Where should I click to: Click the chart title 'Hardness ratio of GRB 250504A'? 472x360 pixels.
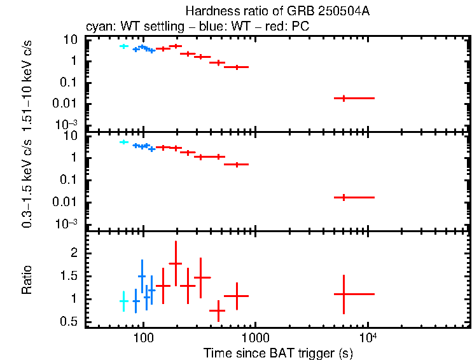tap(278, 11)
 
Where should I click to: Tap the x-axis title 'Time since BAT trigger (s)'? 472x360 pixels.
tap(278, 352)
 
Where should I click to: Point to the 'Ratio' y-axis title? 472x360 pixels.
tap(27, 280)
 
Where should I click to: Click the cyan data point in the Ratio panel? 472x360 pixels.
tap(124, 301)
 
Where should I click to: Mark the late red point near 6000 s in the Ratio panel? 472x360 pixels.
tap(344, 294)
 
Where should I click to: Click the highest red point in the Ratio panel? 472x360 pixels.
tap(176, 263)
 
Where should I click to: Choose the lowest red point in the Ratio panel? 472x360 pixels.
tap(218, 310)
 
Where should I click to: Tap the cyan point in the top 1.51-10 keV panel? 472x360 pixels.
tap(124, 46)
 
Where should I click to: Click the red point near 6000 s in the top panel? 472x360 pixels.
tap(344, 98)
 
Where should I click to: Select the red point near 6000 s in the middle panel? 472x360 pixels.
tap(344, 197)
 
